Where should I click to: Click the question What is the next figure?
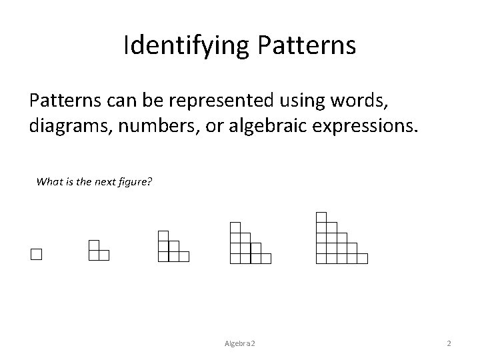tap(95, 181)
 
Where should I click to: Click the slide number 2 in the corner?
tap(449, 343)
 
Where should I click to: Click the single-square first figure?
tap(36, 254)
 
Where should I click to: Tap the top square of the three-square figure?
tap(94, 245)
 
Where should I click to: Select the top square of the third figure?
tap(163, 235)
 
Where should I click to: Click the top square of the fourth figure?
tap(235, 227)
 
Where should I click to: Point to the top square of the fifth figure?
tap(321, 216)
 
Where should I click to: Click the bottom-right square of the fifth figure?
tap(362, 258)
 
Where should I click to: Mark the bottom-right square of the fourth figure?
tap(266, 258)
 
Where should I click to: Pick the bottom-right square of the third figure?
tap(185, 255)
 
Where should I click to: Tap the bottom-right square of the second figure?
tap(104, 254)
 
